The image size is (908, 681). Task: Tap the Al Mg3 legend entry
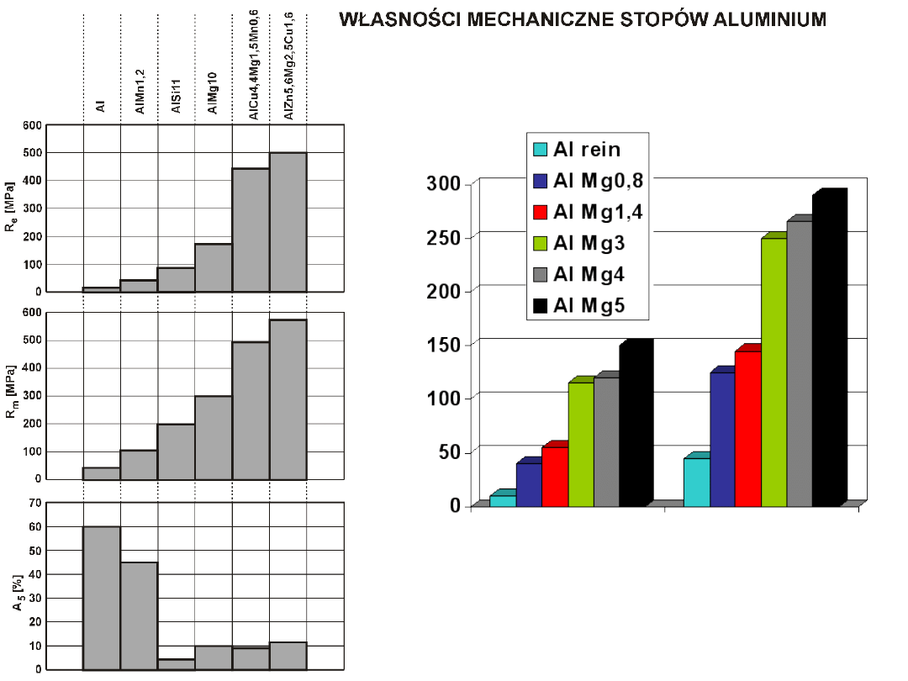click(x=589, y=244)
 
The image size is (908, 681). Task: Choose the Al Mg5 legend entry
click(x=589, y=307)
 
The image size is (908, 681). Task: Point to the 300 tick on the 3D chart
click(x=443, y=183)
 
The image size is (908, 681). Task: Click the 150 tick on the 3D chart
click(x=443, y=344)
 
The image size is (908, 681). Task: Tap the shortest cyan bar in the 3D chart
click(x=503, y=501)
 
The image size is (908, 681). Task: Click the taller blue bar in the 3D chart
click(x=722, y=439)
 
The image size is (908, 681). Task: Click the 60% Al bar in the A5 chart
click(x=102, y=598)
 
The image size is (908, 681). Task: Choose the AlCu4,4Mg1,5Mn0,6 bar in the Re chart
click(x=251, y=230)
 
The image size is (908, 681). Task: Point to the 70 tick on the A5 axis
click(x=34, y=503)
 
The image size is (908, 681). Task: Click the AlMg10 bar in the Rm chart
click(x=214, y=437)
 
